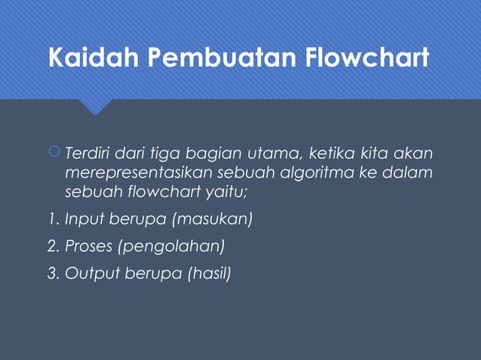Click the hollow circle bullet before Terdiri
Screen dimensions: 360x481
pyautogui.click(x=54, y=154)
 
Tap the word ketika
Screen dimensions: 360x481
pyautogui.click(x=331, y=154)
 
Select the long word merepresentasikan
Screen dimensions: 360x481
pyautogui.click(x=138, y=173)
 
